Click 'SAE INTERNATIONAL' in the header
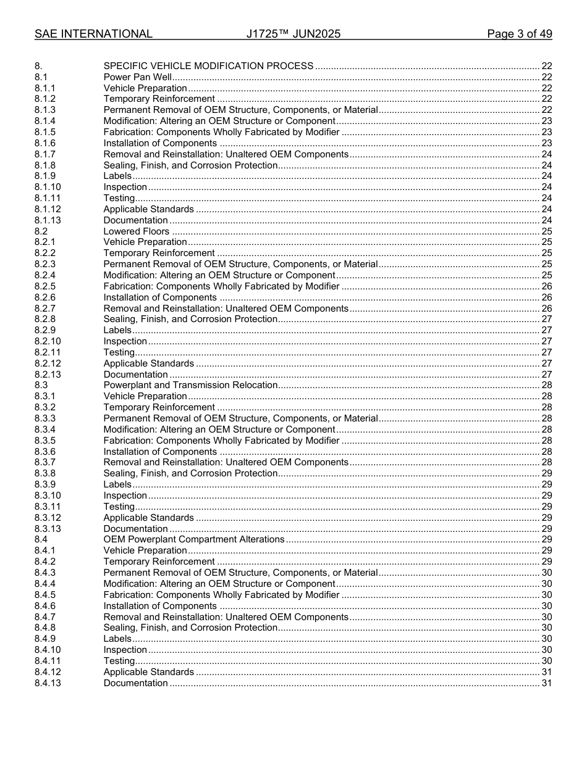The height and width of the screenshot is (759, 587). coord(93,34)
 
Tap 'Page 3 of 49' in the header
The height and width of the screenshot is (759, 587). coord(519,34)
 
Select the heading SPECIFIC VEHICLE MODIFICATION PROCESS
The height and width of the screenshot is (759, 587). coord(208,66)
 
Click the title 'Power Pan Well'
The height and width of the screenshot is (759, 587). coord(137,77)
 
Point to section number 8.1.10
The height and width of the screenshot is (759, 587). coord(48,187)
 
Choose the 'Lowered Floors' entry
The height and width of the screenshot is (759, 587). coord(136,231)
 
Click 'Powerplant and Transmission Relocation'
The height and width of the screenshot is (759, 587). coord(190,385)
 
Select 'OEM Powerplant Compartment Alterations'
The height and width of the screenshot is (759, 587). coord(193,539)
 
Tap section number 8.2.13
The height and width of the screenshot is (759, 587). coord(48,375)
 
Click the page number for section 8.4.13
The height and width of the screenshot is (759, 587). coord(546,683)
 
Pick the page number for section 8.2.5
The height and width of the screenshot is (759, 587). coord(546,286)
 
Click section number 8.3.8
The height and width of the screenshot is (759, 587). coord(45,473)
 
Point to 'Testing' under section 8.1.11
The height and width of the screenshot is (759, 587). coord(119,198)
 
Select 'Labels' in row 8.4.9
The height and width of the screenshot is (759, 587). coord(117,639)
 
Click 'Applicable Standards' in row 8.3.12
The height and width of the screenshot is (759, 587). coord(148,518)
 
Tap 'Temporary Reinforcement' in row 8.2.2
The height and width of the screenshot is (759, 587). coord(159,253)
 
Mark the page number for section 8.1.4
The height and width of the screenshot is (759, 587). coord(546,121)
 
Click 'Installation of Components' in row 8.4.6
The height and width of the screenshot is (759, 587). coord(160,606)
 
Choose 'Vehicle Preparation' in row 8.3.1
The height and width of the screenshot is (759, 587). coord(145,396)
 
